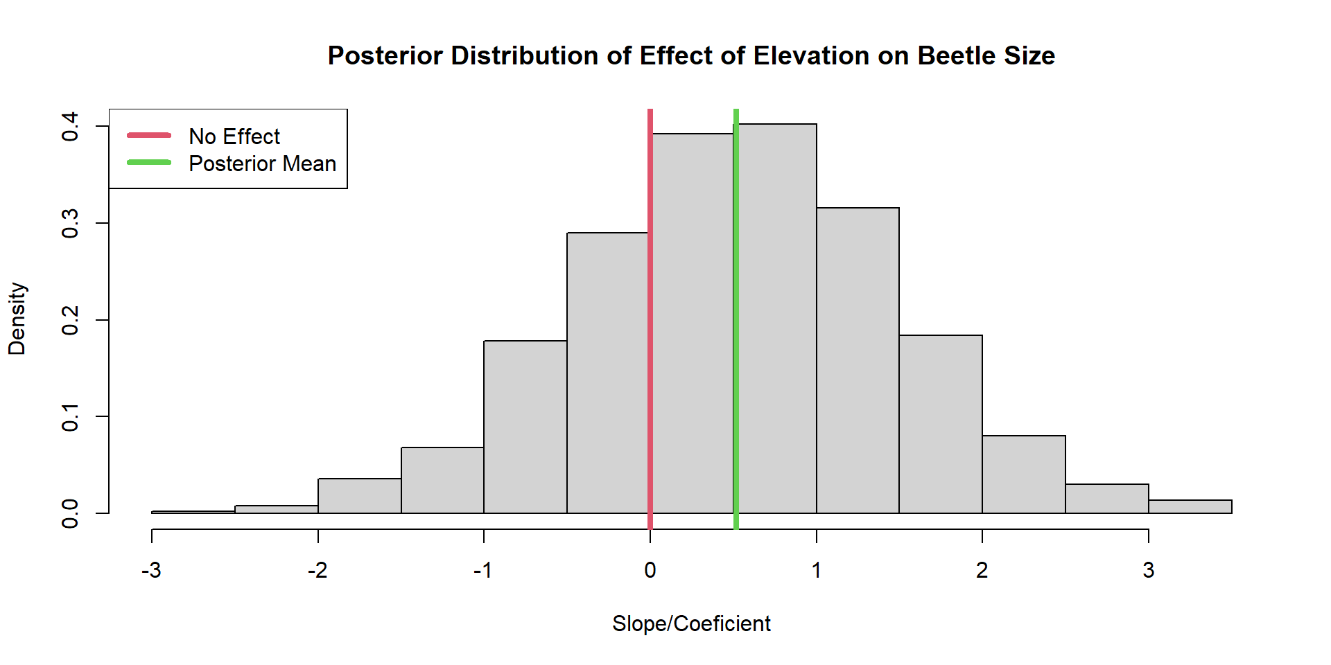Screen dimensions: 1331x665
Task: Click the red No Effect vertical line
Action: point(650,319)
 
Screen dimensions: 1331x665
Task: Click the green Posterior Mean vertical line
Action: point(736,319)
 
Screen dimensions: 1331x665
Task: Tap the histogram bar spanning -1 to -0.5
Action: point(525,427)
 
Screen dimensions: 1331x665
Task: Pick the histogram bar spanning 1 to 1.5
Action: point(858,360)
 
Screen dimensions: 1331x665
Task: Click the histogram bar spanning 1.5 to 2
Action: point(941,424)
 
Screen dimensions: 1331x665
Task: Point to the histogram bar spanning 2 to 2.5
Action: point(1024,475)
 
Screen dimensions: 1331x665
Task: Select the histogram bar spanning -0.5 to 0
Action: point(607,373)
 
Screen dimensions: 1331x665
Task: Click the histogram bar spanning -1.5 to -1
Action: point(442,480)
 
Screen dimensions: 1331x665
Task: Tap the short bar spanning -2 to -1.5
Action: point(360,496)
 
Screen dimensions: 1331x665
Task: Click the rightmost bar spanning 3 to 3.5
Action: point(1190,506)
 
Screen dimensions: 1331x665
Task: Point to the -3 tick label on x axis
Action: point(151,570)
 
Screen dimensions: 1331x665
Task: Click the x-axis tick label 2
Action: point(982,570)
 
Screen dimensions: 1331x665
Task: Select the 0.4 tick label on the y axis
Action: point(70,127)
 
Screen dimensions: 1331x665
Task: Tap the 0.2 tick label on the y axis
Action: point(70,320)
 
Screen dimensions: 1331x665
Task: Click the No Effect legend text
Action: point(234,136)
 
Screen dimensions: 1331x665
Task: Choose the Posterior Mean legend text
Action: point(263,163)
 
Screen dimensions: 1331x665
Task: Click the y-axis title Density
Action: point(17,319)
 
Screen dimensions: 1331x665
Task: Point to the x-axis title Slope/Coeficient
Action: point(691,623)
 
